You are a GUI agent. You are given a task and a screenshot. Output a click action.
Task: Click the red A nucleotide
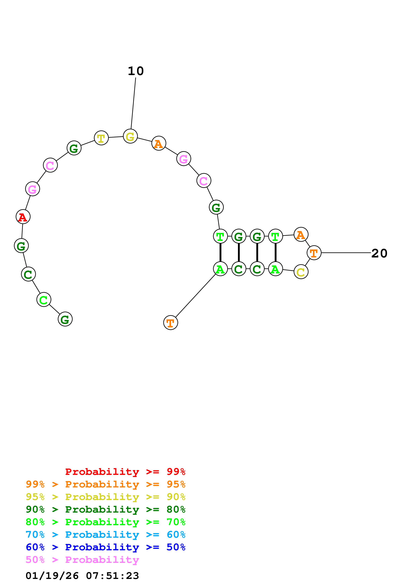tap(23, 217)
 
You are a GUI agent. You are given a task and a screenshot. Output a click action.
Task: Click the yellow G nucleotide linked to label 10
tap(130, 136)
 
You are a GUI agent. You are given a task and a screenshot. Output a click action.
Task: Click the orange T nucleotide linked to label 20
tap(314, 253)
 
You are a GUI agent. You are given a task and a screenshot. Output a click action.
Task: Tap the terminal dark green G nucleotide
tap(65, 319)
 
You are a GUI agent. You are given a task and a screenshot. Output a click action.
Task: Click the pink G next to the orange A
tap(184, 159)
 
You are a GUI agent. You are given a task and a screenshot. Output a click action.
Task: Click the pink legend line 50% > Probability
tap(82, 560)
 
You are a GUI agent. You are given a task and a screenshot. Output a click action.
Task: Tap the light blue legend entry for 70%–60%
tap(105, 535)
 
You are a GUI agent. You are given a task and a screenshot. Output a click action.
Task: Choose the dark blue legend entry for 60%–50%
tap(105, 547)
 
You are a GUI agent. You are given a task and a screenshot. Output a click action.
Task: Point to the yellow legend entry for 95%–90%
tap(105, 497)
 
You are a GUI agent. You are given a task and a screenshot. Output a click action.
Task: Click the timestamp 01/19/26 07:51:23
tap(82, 576)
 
